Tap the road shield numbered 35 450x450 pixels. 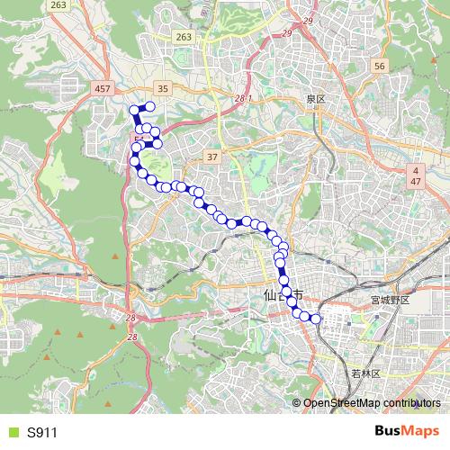click(x=163, y=87)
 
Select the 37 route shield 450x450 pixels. click(x=212, y=157)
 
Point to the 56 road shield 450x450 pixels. click(x=379, y=67)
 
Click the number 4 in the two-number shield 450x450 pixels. click(x=416, y=169)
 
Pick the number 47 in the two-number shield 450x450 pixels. click(x=416, y=181)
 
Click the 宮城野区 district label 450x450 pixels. click(x=390, y=300)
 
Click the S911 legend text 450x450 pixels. click(x=42, y=432)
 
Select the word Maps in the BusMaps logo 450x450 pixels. click(x=421, y=431)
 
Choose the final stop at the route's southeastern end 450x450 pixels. click(x=315, y=318)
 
